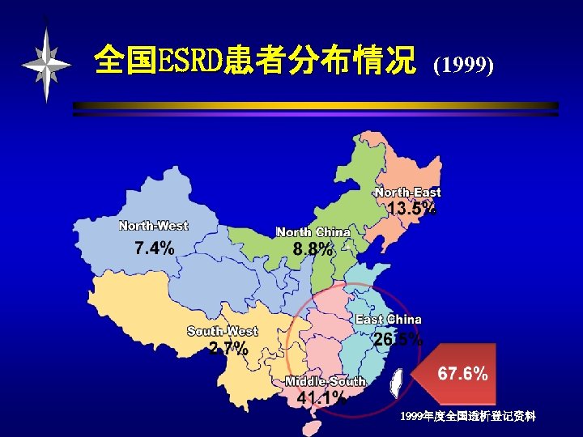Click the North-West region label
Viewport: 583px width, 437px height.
(153, 226)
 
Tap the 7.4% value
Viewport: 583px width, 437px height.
(154, 248)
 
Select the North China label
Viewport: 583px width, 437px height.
(313, 232)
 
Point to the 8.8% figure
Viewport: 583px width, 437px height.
(313, 250)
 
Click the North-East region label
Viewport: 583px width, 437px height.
(408, 193)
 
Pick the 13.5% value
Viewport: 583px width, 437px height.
(412, 209)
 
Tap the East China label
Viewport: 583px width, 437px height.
(389, 320)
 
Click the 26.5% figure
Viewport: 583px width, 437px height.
(398, 340)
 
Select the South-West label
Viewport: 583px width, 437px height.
(222, 331)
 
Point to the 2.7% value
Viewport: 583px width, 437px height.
(228, 349)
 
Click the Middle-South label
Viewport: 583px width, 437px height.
(326, 381)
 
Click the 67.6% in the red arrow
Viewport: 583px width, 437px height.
(462, 374)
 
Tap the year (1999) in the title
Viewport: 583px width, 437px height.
(464, 65)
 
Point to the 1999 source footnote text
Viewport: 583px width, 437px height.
(467, 416)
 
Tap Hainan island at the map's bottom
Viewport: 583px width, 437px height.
(305, 425)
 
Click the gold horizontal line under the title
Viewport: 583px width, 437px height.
(316, 106)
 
